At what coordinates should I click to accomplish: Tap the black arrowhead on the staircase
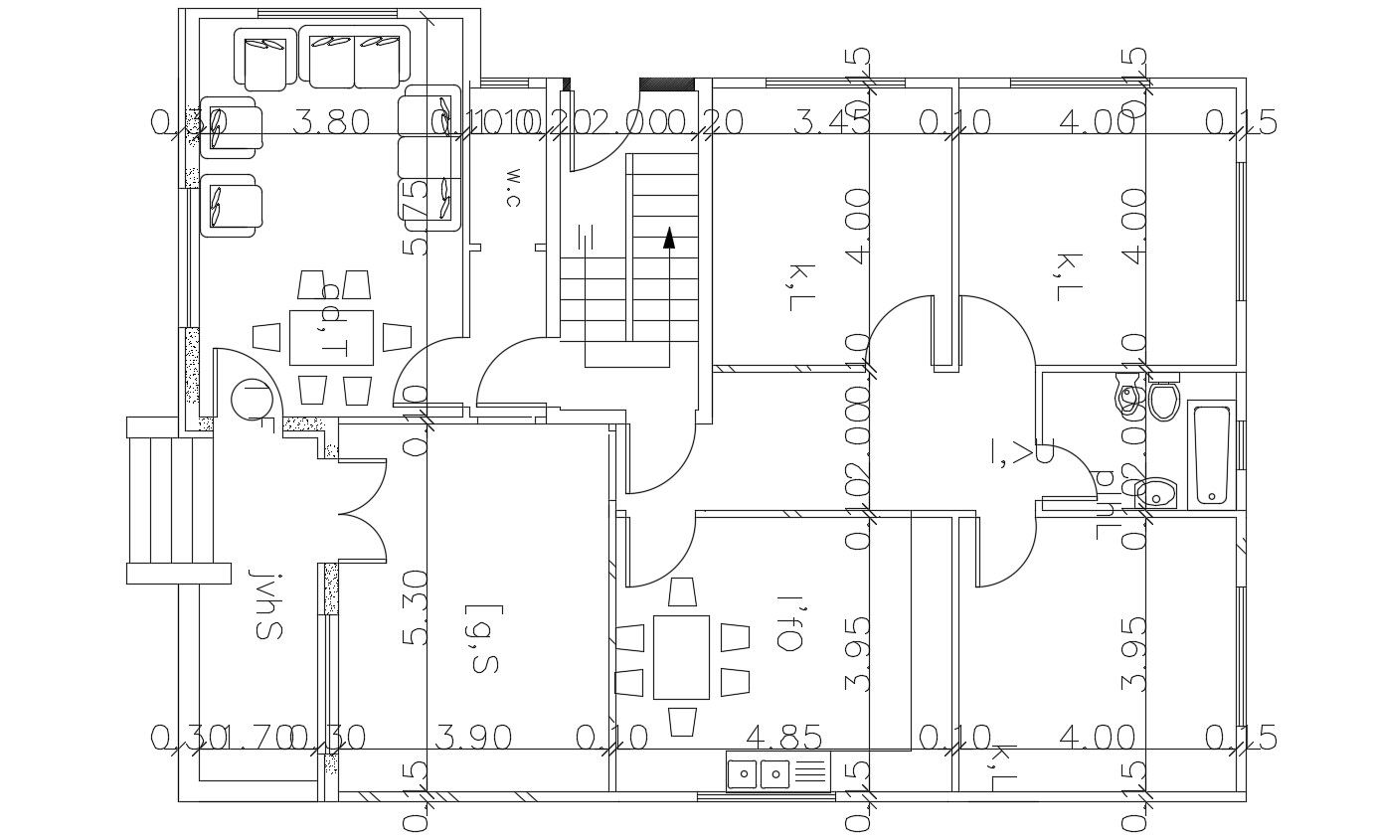coord(669,238)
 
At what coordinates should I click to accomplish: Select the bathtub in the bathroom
coord(1211,454)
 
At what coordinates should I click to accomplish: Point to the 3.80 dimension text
coord(333,123)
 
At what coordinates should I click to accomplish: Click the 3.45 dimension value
coord(832,123)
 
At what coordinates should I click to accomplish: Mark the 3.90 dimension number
coord(474,738)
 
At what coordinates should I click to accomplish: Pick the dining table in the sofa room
coord(332,338)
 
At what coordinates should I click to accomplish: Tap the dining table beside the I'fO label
coord(681,656)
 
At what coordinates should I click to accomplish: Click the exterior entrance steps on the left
coord(171,500)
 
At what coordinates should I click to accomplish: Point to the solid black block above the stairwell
coord(666,84)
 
